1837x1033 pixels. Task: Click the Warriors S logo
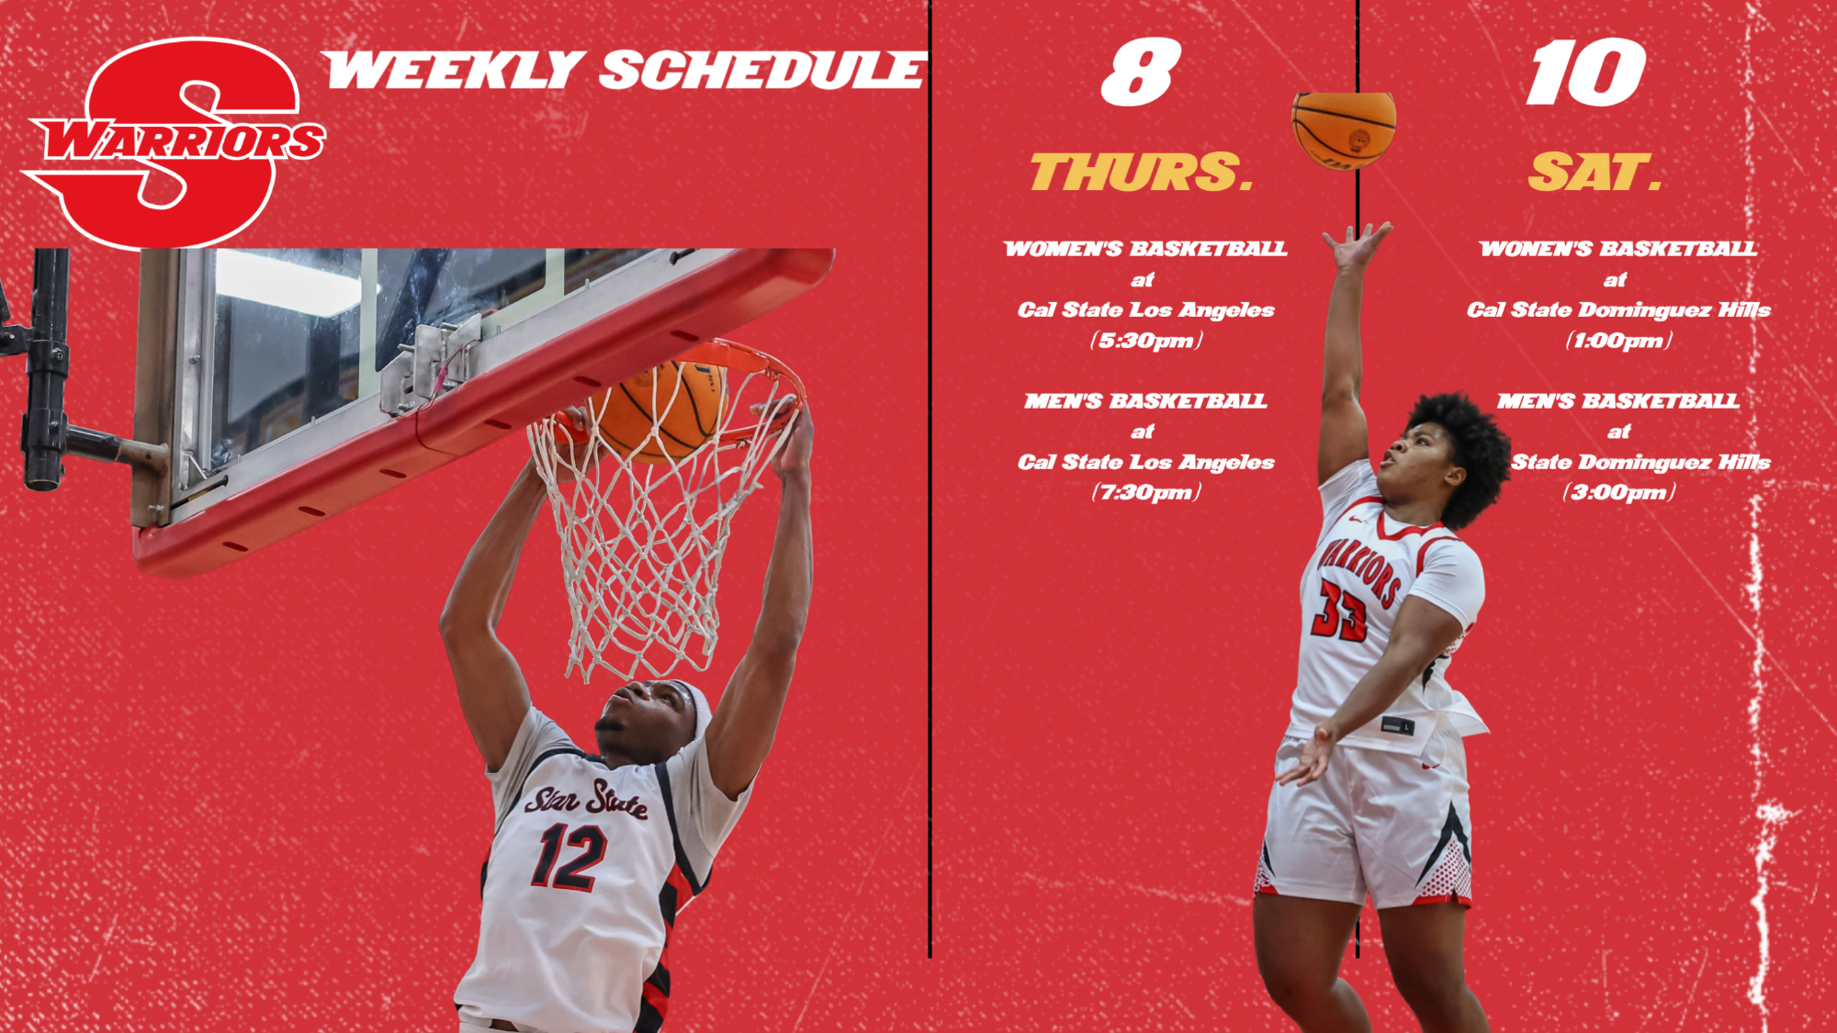(x=175, y=142)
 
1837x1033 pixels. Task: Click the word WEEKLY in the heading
(x=453, y=71)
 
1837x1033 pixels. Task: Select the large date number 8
(x=1141, y=73)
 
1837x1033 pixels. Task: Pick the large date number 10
(x=1586, y=73)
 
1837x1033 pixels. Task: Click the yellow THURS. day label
(x=1142, y=173)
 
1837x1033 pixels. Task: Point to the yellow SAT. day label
(x=1595, y=173)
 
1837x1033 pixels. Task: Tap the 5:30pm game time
(x=1146, y=341)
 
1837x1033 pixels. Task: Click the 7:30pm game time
(x=1146, y=493)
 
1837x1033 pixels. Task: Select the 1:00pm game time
(x=1618, y=341)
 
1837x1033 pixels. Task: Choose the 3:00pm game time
(x=1618, y=493)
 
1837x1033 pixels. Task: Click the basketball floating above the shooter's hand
(x=1344, y=129)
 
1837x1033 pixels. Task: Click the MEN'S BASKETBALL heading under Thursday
(x=1145, y=401)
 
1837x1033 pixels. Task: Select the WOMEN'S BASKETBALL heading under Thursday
(x=1145, y=249)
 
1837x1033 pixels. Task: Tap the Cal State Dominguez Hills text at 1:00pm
(x=1618, y=310)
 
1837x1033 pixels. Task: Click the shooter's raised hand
(x=1357, y=244)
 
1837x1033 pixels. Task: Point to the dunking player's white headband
(x=695, y=705)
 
